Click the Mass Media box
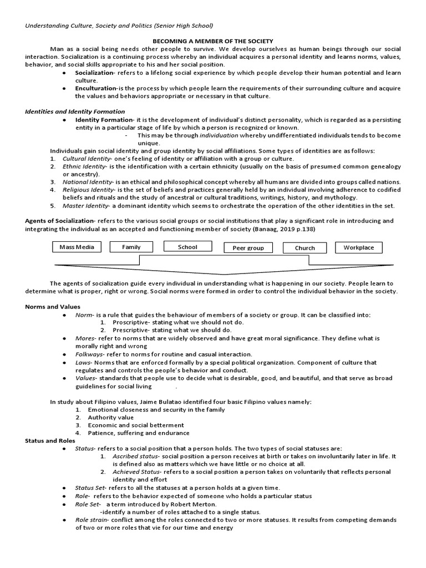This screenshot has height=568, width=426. click(x=77, y=247)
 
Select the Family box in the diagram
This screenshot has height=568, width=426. click(x=131, y=247)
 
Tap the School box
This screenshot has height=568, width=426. click(x=187, y=247)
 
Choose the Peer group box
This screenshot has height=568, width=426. click(x=248, y=248)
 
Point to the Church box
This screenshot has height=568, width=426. click(x=305, y=248)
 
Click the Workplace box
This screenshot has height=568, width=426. click(x=359, y=247)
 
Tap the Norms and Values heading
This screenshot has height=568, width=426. click(x=53, y=307)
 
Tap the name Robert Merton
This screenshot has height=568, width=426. click(x=193, y=504)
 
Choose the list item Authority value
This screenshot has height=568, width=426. click(x=110, y=417)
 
